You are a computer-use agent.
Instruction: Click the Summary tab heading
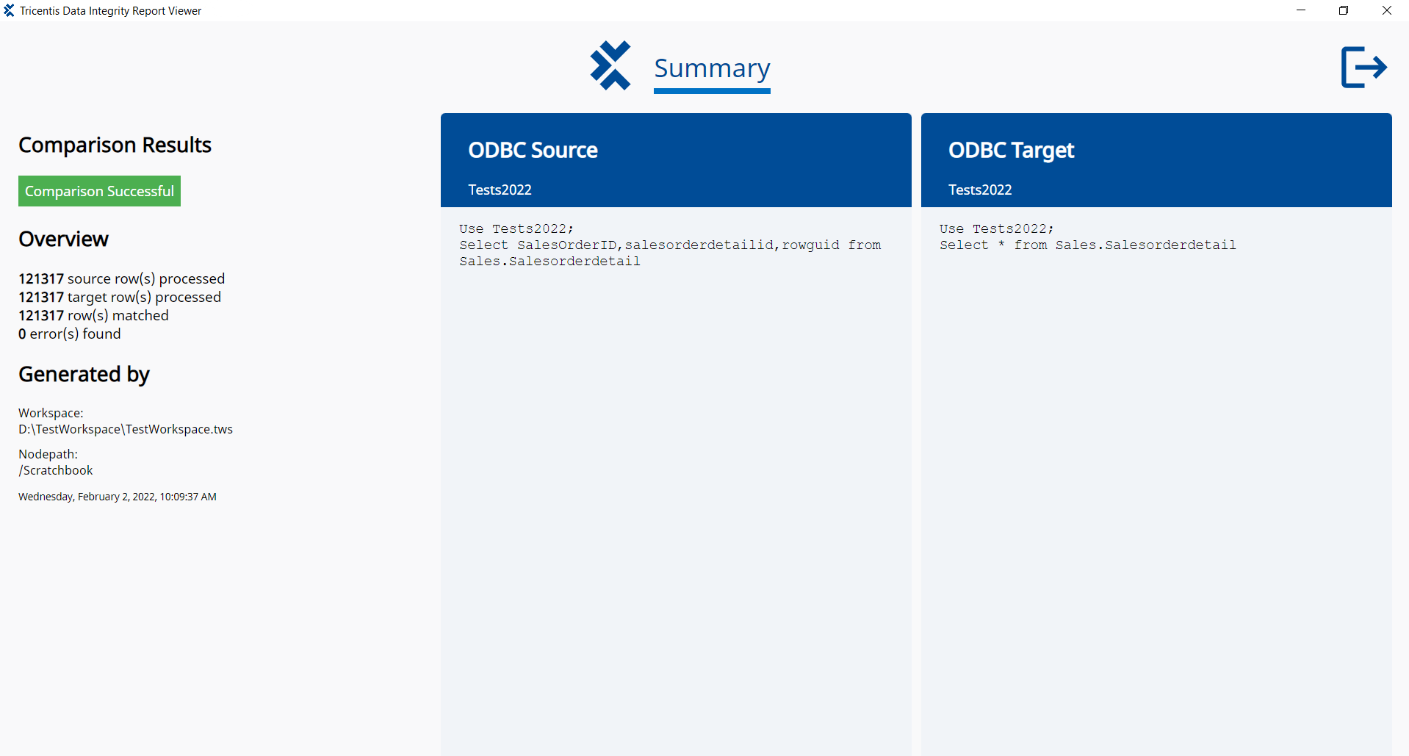click(x=712, y=68)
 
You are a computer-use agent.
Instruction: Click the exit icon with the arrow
click(x=1363, y=68)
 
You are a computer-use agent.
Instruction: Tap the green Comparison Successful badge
click(x=99, y=191)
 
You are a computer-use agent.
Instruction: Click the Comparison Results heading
click(x=115, y=145)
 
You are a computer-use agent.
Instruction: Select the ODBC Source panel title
click(x=533, y=150)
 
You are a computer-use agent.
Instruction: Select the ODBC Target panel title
click(x=1011, y=151)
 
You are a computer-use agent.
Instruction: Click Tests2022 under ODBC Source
click(x=500, y=190)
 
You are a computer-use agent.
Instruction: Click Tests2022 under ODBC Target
click(x=980, y=190)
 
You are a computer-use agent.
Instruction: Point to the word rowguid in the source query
click(x=810, y=245)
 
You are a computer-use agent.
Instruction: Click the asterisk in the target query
click(x=1001, y=244)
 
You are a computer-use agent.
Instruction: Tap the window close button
click(x=1387, y=10)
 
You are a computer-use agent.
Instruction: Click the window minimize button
click(x=1301, y=10)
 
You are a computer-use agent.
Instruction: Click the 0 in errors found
click(x=22, y=334)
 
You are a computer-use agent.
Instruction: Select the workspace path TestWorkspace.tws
click(x=126, y=429)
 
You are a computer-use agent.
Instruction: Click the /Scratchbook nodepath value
click(x=56, y=470)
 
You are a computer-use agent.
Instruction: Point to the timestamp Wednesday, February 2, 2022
click(x=87, y=497)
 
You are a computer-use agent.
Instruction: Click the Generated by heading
click(x=84, y=375)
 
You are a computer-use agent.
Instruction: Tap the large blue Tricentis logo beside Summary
click(x=610, y=65)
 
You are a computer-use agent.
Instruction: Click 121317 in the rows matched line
click(x=41, y=316)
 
